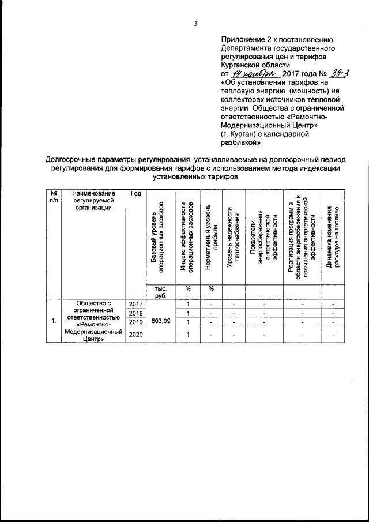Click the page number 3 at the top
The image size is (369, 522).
195,24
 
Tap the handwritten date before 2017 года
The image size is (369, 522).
255,74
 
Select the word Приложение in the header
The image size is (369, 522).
243,39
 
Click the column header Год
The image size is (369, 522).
136,193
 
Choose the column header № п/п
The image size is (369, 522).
53,197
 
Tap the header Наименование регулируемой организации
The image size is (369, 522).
95,201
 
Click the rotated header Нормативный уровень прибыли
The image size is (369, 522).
211,236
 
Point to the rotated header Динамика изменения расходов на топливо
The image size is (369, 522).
333,236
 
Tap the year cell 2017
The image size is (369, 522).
135,304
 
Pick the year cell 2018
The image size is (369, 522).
135,313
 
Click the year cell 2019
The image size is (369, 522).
135,321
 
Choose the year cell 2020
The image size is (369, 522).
135,335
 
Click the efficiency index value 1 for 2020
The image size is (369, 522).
188,335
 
